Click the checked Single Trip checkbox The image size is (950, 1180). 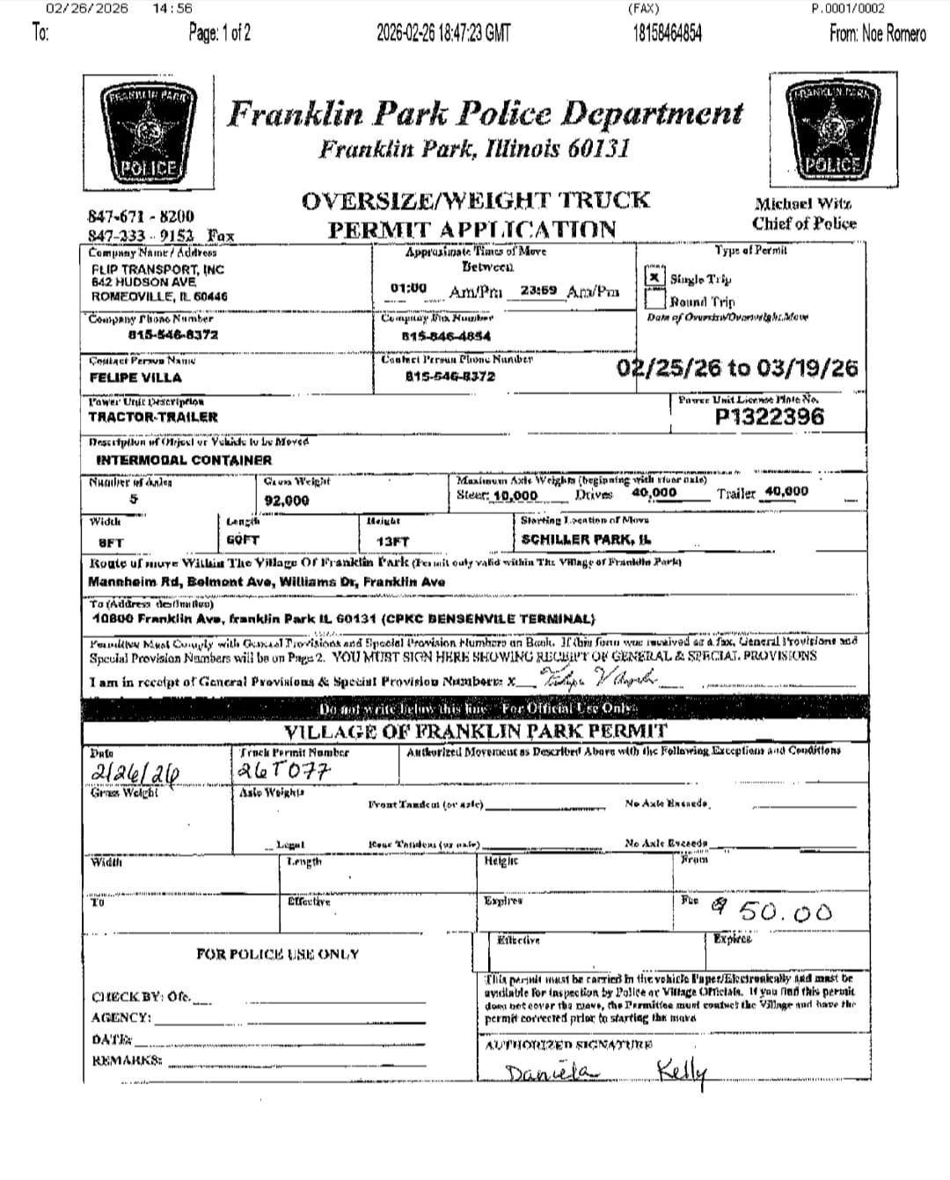(x=654, y=277)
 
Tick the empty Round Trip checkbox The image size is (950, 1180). (x=654, y=299)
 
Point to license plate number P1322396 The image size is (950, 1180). (x=770, y=416)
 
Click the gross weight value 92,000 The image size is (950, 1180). (x=287, y=501)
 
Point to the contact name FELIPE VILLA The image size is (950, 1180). (x=135, y=377)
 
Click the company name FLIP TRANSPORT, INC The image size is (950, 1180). (x=158, y=269)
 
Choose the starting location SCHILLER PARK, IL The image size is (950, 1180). (x=587, y=539)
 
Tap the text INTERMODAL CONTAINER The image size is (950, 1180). (x=184, y=459)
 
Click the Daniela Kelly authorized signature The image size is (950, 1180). (x=606, y=1072)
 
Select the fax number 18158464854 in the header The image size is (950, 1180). (x=667, y=33)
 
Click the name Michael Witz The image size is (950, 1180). (x=802, y=203)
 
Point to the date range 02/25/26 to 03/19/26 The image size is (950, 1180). (x=737, y=368)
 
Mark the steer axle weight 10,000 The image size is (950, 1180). (x=515, y=496)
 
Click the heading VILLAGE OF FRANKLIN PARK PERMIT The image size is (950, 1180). (x=475, y=732)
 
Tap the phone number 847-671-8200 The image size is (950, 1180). (x=141, y=216)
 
